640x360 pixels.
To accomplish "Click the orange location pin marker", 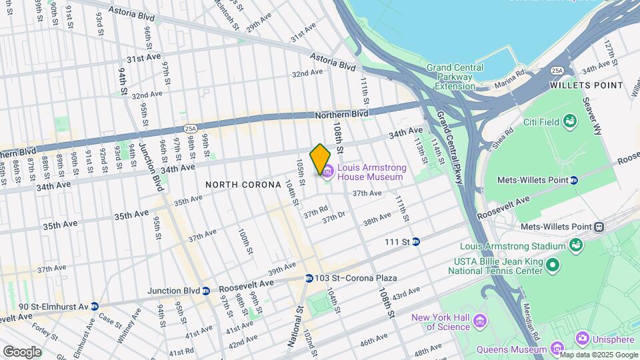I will coord(321,159).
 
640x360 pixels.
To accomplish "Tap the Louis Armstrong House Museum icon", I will coord(327,173).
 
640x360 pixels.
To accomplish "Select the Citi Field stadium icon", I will coord(569,121).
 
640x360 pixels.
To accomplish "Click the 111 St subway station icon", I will coord(415,241).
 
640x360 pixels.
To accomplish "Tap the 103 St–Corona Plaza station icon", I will coord(309,278).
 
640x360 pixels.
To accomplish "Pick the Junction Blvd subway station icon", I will coord(206,291).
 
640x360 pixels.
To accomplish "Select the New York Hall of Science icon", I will coord(478,322).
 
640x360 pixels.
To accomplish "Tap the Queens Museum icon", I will coord(559,349).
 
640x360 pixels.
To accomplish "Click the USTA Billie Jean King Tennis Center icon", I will coord(551,266).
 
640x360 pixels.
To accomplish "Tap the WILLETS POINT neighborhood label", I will coord(587,85).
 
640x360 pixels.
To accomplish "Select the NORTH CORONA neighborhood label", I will coord(243,185).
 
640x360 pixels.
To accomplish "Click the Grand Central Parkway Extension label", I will coord(451,77).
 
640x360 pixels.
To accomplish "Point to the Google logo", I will coord(22,351).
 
